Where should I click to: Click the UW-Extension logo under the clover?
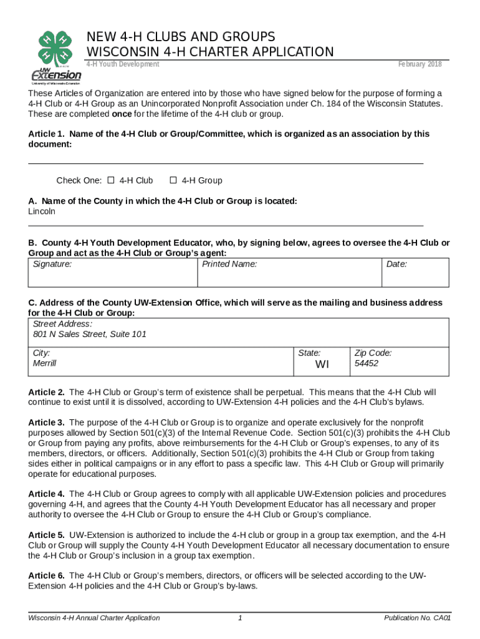55,76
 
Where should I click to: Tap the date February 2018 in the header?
420,64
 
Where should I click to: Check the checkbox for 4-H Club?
111,181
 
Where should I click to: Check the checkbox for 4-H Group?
173,181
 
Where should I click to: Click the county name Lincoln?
42,212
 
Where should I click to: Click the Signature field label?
52,265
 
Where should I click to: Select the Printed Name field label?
229,265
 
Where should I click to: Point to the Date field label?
396,265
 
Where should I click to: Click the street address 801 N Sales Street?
90,334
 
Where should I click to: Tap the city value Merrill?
44,363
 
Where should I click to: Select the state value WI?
322,364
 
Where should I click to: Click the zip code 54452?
366,363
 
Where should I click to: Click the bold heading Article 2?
46,393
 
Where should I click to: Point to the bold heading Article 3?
46,422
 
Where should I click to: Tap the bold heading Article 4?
46,494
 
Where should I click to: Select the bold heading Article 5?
46,535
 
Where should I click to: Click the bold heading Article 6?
46,575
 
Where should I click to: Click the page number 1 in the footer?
240,618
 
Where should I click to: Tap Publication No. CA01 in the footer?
417,618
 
